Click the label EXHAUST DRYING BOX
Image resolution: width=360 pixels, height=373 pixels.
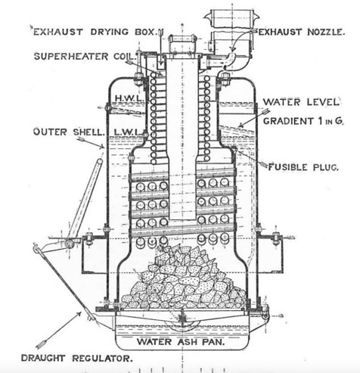click(x=95, y=32)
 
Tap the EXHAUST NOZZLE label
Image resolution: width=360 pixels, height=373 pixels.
click(x=301, y=32)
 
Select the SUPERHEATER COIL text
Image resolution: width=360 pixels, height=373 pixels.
click(x=85, y=56)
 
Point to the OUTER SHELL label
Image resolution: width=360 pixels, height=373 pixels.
click(x=68, y=132)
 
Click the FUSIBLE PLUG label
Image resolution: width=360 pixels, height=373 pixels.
click(x=303, y=167)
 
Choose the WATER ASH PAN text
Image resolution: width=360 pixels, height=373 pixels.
click(x=181, y=342)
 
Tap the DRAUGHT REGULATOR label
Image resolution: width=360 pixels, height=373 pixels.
click(x=77, y=358)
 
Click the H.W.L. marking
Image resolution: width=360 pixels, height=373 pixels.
click(x=130, y=98)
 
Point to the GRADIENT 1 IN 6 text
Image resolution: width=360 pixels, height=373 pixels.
click(x=303, y=121)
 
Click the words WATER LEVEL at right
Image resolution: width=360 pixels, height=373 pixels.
click(x=301, y=102)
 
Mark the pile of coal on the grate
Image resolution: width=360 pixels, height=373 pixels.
click(x=184, y=278)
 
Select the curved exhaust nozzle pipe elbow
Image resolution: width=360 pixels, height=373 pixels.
click(x=230, y=60)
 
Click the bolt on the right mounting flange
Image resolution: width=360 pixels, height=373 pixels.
click(x=275, y=238)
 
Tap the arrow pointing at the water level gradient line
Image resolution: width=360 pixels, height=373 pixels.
click(x=254, y=118)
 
